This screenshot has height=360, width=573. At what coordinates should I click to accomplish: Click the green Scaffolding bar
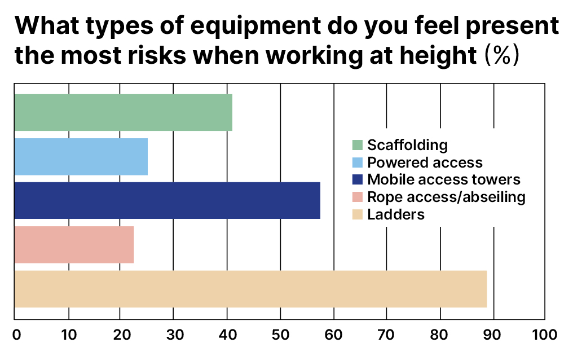(x=123, y=113)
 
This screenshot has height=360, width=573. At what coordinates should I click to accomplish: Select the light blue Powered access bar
(x=81, y=156)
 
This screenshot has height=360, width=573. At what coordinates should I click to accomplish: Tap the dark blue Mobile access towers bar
(x=167, y=200)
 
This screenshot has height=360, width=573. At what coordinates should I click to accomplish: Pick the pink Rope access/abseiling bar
(x=74, y=244)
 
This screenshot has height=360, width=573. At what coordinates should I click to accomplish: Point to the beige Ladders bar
(x=250, y=289)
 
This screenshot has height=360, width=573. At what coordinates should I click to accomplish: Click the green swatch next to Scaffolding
(x=357, y=146)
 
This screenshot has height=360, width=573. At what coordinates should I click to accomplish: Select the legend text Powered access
(x=425, y=163)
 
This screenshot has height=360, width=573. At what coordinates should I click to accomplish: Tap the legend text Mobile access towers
(x=443, y=180)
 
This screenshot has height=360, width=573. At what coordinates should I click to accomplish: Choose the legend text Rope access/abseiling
(x=446, y=197)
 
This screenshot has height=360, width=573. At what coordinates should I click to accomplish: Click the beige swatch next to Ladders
(x=357, y=215)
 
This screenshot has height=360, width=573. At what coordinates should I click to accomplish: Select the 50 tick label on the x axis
(x=280, y=334)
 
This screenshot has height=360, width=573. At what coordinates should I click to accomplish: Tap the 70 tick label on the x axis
(x=386, y=334)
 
